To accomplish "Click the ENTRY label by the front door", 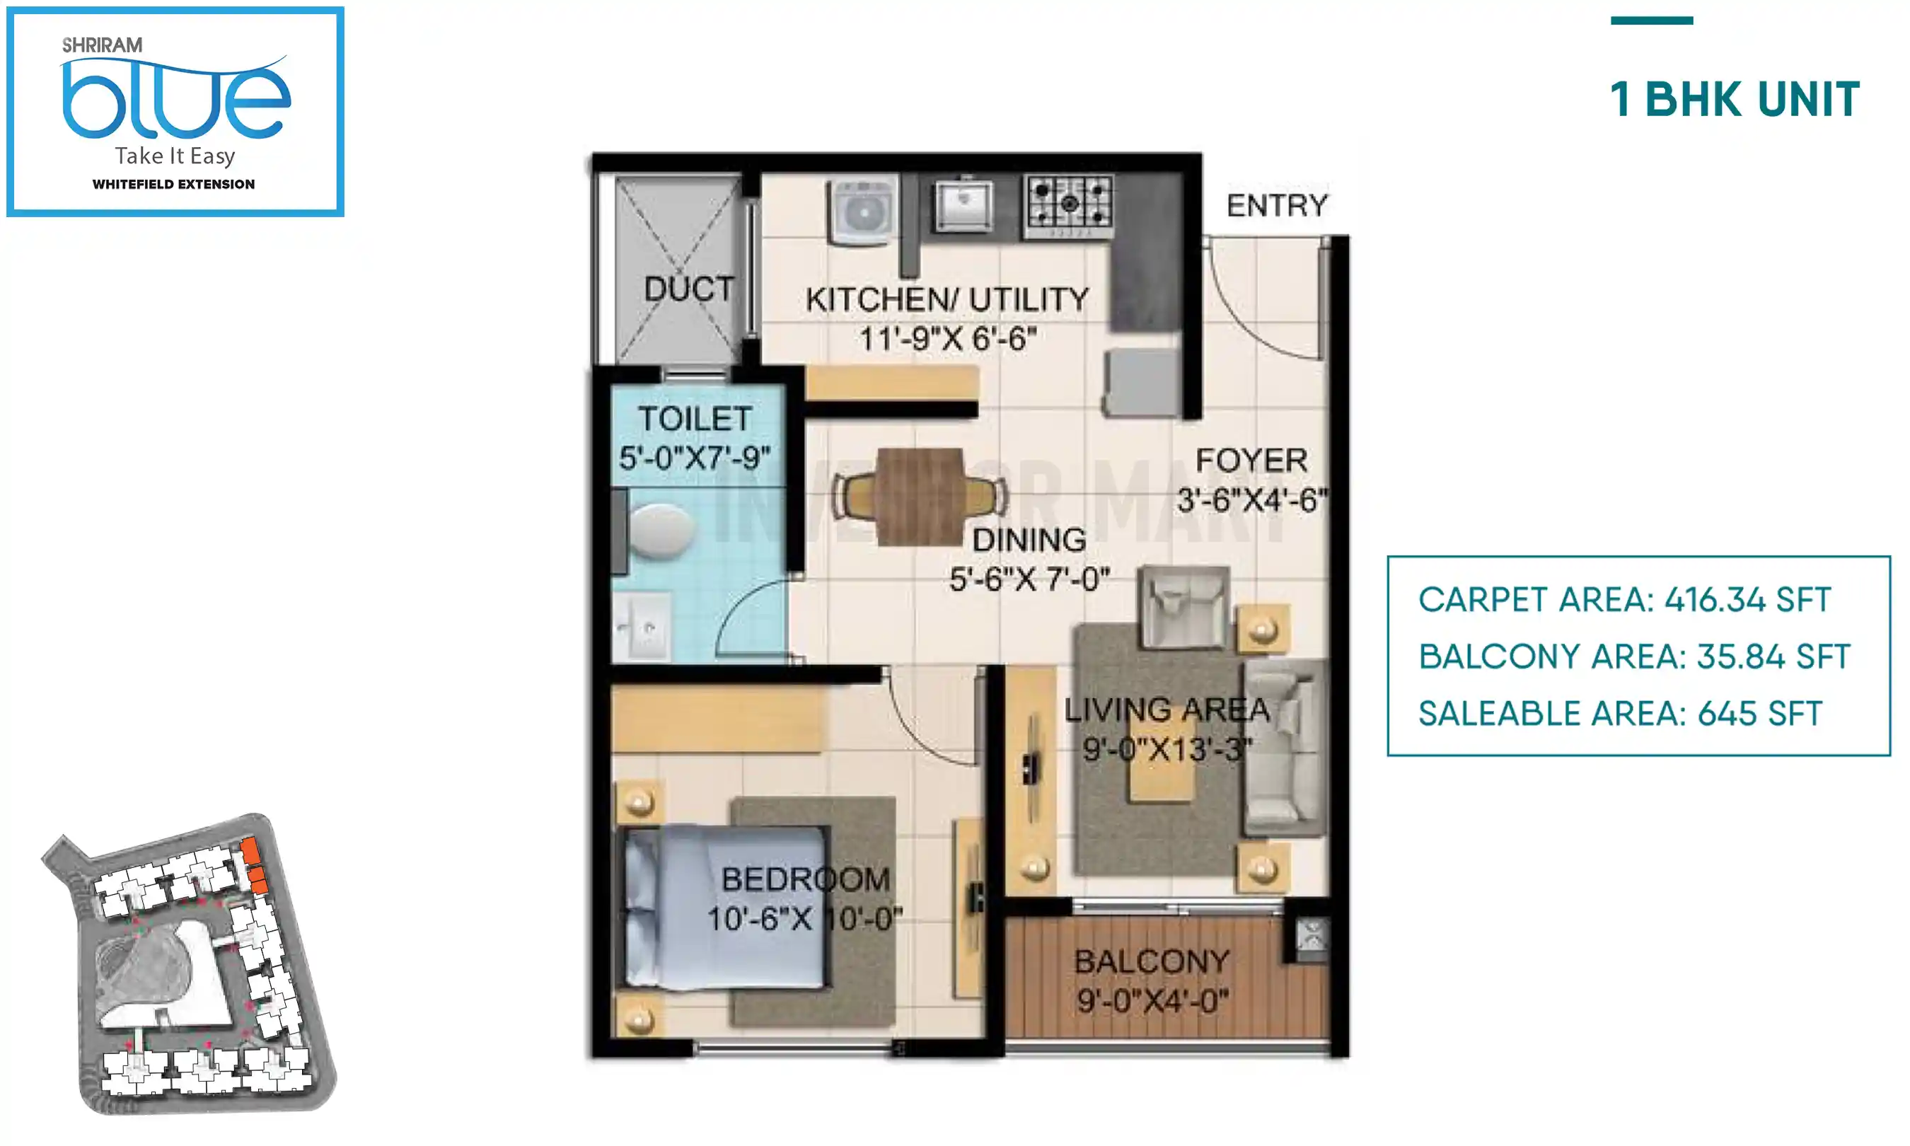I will [1277, 205].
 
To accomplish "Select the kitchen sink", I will [963, 204].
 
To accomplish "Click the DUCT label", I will [688, 289].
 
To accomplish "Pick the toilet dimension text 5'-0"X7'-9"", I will [695, 458].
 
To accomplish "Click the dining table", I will [920, 496].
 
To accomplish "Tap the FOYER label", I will [1251, 461].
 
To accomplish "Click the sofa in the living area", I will [1283, 748].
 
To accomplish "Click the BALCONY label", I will [1152, 961].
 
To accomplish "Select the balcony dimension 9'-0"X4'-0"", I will [1152, 1002].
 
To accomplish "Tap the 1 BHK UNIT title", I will [1734, 100].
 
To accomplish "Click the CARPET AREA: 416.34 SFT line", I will [1624, 599].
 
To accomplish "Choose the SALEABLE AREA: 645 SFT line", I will [1620, 714].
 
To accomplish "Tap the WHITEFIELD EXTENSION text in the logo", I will [174, 185].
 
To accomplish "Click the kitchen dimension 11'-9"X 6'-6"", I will [948, 338].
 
